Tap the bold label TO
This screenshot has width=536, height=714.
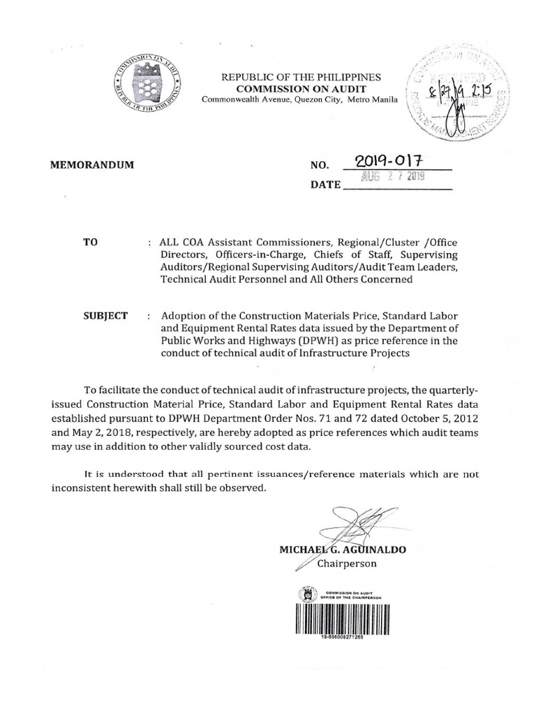point(89,241)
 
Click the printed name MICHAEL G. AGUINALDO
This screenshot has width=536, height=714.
point(343,549)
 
